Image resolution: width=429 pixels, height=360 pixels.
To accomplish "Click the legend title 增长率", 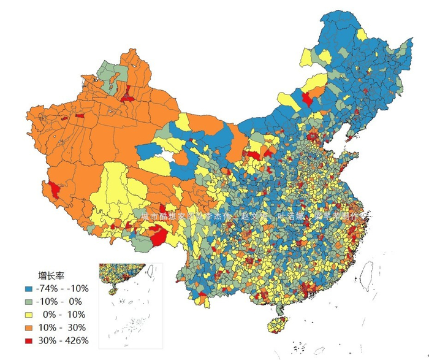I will point(52,275).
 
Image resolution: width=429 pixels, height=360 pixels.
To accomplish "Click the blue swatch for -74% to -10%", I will point(28,288).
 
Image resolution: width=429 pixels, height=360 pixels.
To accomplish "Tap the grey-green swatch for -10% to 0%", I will point(28,301).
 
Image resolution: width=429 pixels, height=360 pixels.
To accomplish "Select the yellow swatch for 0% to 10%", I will point(28,314).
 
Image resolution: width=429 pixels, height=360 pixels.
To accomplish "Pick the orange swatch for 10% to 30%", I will point(28,327).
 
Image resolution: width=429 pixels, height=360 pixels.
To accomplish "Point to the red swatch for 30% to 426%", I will point(28,340).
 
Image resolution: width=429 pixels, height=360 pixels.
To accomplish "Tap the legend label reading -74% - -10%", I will point(63,288).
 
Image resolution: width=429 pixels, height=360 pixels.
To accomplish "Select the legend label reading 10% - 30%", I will point(62,327).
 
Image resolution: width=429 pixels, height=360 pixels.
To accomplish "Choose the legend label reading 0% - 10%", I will point(63,314).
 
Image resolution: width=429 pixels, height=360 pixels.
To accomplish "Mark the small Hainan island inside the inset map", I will point(112,292).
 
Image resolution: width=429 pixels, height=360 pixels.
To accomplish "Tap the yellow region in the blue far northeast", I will point(362,34).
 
